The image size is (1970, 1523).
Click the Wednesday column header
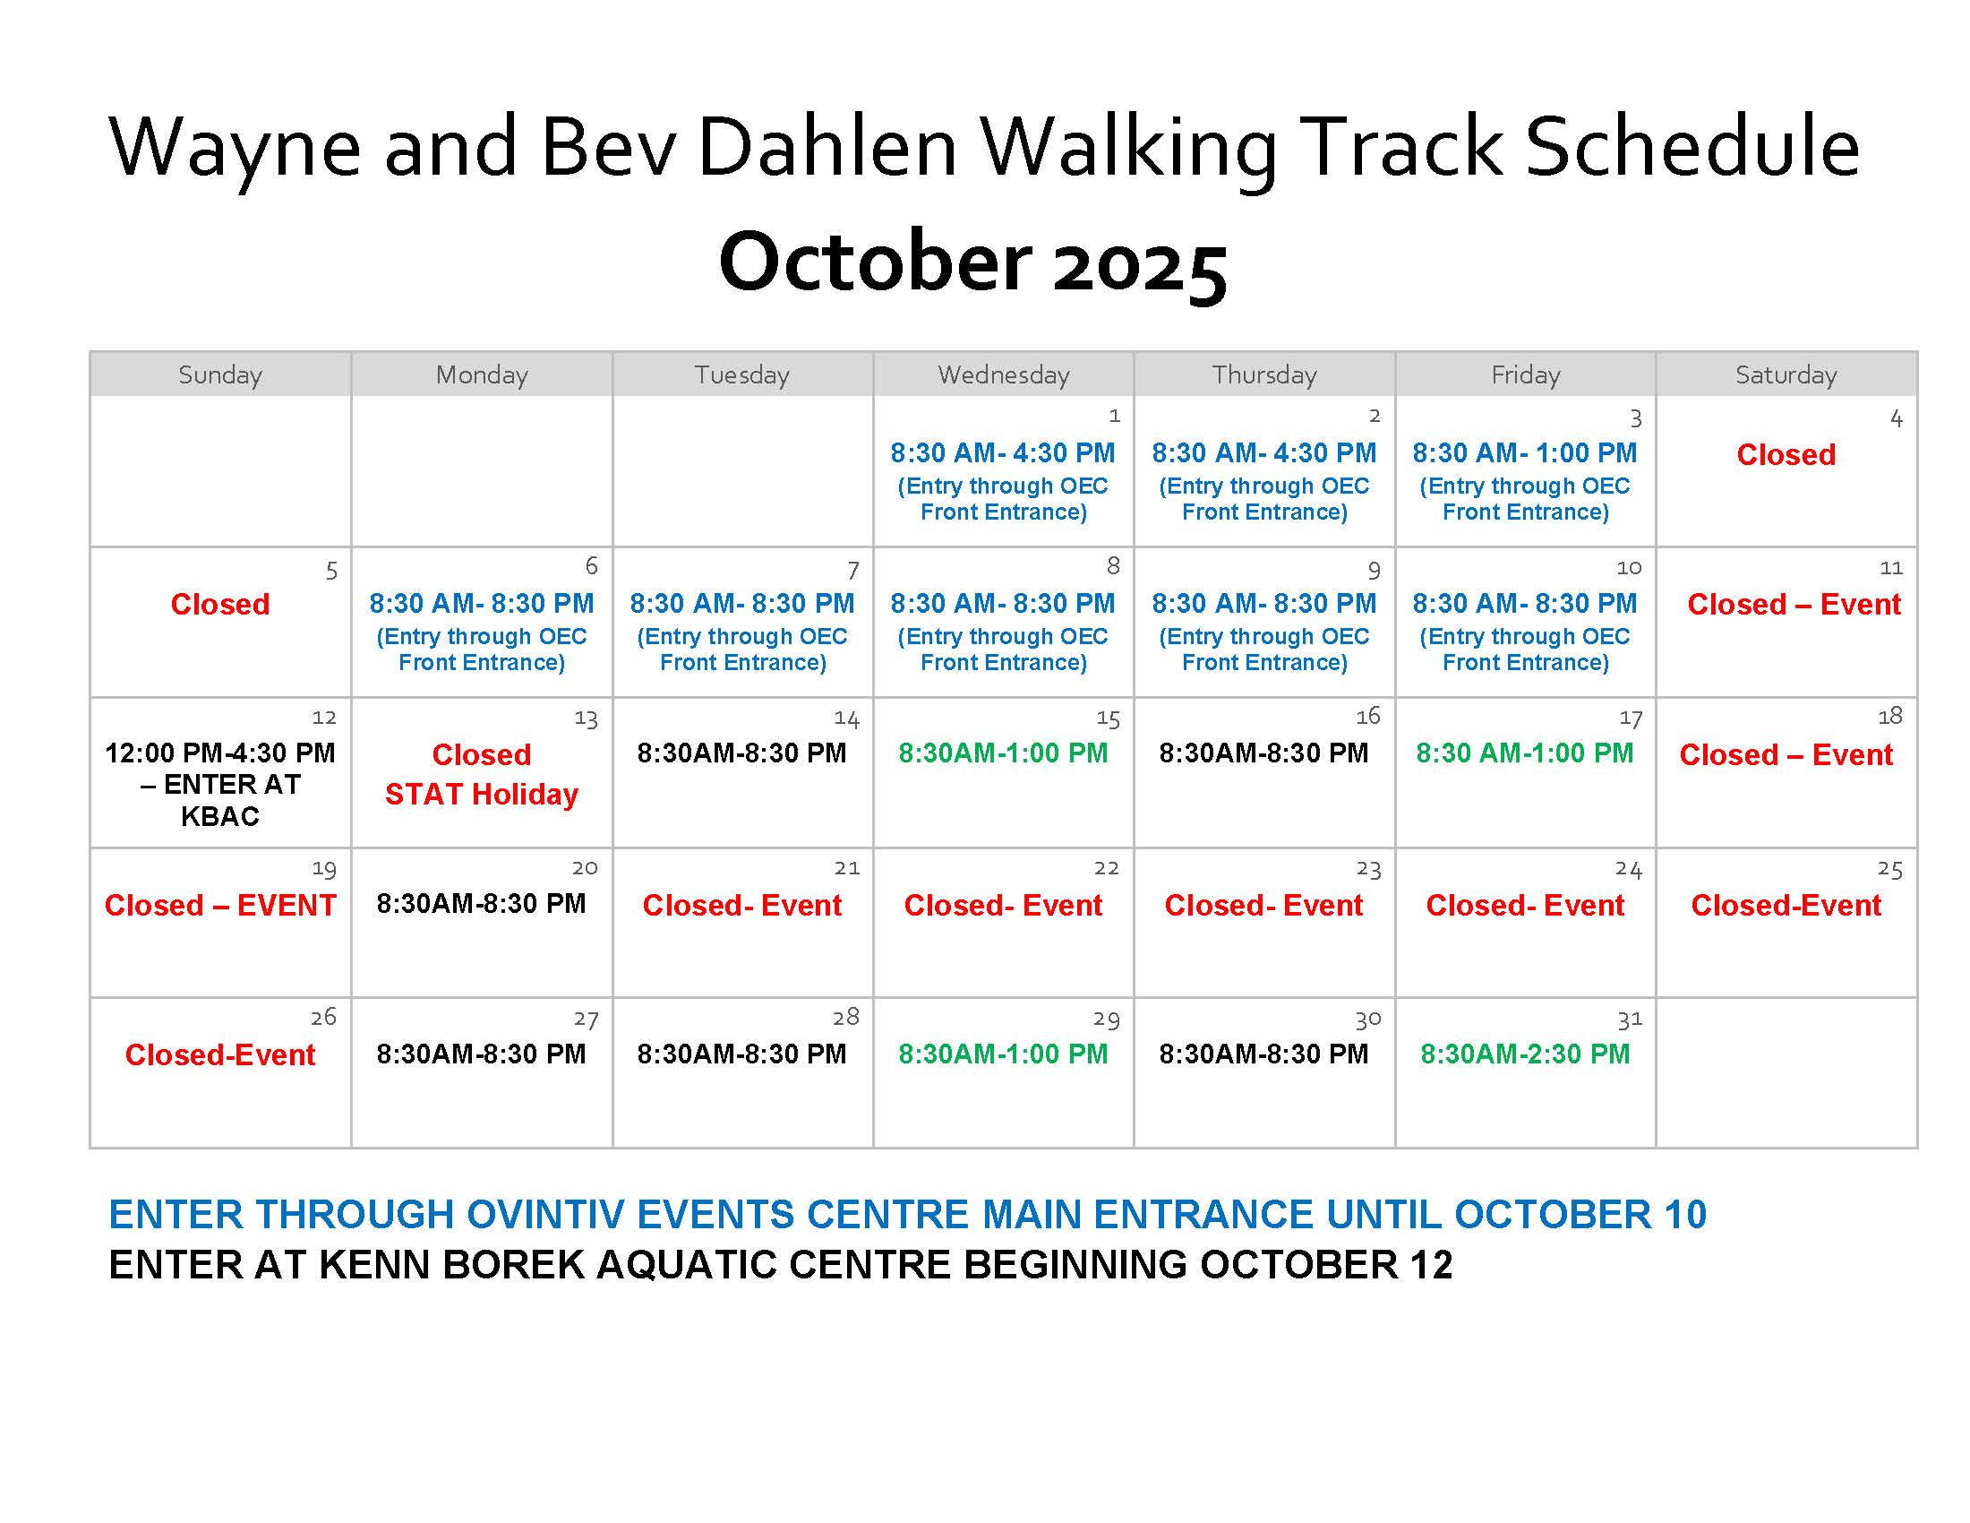tap(1003, 374)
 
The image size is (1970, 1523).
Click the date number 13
tap(586, 719)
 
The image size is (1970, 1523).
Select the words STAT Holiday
tap(481, 794)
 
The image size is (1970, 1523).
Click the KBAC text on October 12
tap(220, 816)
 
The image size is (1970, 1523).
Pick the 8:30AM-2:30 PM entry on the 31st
tap(1524, 1054)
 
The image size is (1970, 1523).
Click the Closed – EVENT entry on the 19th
tap(220, 905)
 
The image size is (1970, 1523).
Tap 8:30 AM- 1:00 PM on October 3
tap(1524, 453)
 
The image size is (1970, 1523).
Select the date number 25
tap(1889, 870)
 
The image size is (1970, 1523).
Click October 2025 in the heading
tap(972, 262)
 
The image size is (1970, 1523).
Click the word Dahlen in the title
tap(827, 147)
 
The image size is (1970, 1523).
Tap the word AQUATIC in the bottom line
tap(687, 1265)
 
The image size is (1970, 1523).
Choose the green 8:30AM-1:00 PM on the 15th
tap(1003, 753)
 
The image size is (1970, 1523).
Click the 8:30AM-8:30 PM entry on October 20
tap(481, 903)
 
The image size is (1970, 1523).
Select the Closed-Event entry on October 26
tap(220, 1054)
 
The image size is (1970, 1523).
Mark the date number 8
tap(1113, 566)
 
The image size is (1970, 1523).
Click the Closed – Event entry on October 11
tap(1794, 605)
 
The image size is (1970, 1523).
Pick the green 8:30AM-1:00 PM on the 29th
tap(1003, 1054)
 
